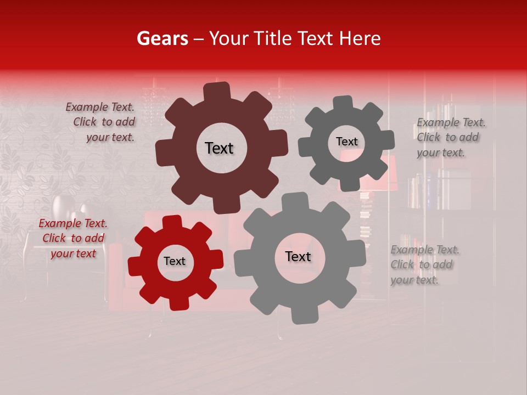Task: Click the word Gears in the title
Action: pyautogui.click(x=162, y=38)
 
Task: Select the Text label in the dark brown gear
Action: pyautogui.click(x=219, y=148)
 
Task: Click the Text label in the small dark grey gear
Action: pyautogui.click(x=346, y=142)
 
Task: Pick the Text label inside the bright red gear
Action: pyautogui.click(x=175, y=262)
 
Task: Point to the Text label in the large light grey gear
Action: pyautogui.click(x=298, y=257)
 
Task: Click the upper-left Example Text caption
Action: pyautogui.click(x=102, y=122)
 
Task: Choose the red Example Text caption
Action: pyautogui.click(x=73, y=239)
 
